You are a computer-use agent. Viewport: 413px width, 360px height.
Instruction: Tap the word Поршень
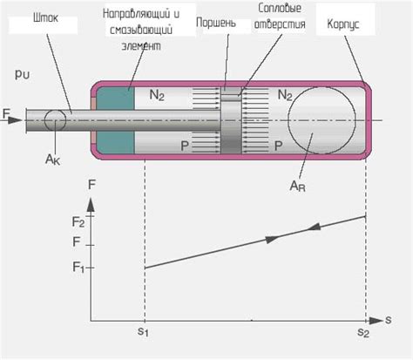tap(213, 22)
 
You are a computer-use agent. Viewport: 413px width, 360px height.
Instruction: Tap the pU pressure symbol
tap(22, 75)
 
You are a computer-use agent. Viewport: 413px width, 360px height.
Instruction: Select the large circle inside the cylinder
tap(322, 119)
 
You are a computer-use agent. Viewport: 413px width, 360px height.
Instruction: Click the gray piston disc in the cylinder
tap(230, 119)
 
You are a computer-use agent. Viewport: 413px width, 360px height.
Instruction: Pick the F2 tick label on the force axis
tap(78, 221)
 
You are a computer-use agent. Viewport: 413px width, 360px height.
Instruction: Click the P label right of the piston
tap(279, 145)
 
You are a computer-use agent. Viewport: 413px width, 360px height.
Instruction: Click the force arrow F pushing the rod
tap(10, 114)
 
